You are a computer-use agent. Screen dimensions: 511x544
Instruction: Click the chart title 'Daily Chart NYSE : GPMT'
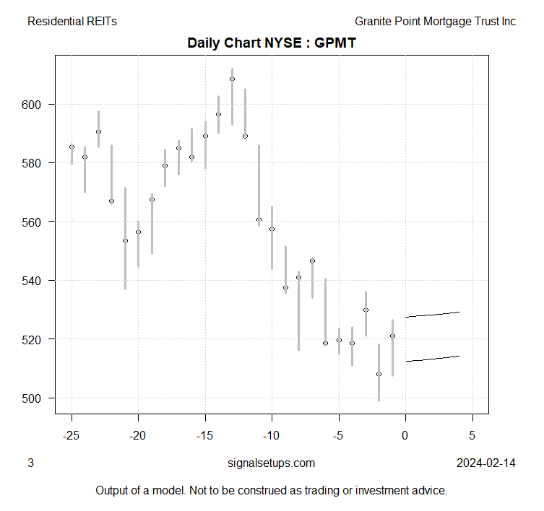(x=272, y=42)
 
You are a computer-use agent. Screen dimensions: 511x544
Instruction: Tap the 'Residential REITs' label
(x=72, y=22)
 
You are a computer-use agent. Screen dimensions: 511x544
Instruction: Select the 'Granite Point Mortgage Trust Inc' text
(x=435, y=22)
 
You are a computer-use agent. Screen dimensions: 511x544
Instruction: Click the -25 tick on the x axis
(x=72, y=436)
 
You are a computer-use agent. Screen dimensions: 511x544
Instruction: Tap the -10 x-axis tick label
(x=272, y=436)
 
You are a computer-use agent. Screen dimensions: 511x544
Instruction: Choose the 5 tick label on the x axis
(x=472, y=436)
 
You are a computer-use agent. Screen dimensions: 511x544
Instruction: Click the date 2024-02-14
(x=486, y=463)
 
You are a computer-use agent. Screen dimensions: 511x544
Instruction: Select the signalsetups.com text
(x=271, y=463)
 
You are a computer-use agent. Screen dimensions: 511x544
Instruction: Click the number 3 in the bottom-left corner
(x=30, y=463)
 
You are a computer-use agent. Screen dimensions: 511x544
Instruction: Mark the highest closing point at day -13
(x=232, y=79)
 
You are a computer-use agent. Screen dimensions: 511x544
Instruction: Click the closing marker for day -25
(x=72, y=147)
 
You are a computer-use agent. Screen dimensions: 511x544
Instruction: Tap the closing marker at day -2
(x=379, y=374)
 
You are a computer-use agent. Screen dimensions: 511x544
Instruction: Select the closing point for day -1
(x=392, y=336)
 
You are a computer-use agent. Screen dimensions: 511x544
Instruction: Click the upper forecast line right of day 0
(x=432, y=315)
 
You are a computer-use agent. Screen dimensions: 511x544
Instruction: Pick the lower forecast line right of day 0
(x=432, y=359)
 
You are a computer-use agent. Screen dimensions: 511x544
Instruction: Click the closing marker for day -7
(x=312, y=261)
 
